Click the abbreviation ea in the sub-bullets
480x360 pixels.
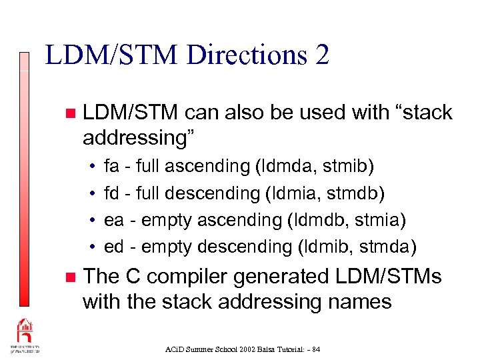114,220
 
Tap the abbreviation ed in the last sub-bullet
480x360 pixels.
114,247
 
